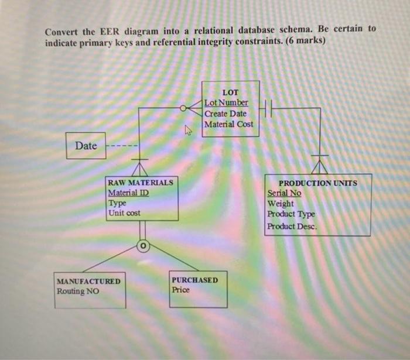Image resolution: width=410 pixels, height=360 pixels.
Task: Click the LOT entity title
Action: pos(230,92)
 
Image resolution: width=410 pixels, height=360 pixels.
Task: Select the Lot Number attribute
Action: pos(226,103)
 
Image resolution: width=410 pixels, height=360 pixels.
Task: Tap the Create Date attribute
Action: pos(225,114)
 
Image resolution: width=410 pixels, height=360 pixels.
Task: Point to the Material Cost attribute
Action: pos(229,124)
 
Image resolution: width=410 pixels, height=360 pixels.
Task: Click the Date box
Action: pos(86,146)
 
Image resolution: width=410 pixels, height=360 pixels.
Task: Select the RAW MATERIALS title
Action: pos(141,183)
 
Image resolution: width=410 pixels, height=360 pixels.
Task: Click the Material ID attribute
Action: pos(128,193)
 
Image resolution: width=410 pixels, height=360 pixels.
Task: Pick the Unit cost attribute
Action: pos(124,213)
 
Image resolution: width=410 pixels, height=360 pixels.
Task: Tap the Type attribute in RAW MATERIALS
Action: pos(117,203)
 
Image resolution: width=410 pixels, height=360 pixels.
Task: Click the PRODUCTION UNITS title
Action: pos(317,183)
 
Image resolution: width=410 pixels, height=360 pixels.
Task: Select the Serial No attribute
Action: pos(284,193)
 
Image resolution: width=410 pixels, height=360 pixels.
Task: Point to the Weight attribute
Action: pos(281,204)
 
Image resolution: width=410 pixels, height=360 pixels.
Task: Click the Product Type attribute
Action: pos(291,214)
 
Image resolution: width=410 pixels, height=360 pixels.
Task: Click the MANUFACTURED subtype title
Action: pos(88,281)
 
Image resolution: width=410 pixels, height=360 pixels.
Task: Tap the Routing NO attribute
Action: pos(77,291)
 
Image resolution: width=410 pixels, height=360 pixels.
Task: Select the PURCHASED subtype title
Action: pos(195,280)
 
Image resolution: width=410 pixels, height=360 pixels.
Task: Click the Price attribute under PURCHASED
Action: pos(181,290)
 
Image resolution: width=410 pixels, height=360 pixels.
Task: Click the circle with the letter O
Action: pos(142,246)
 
